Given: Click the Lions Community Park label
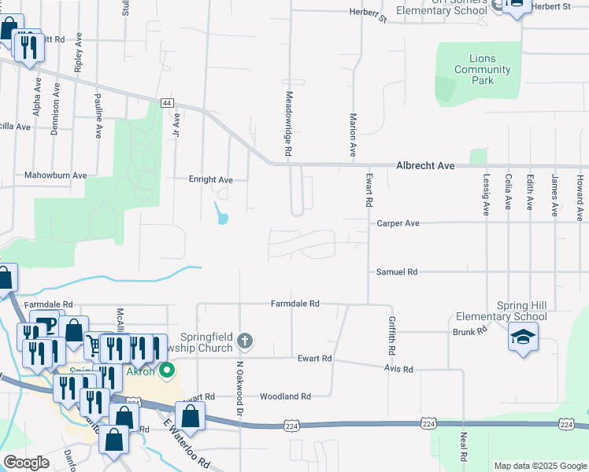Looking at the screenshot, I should pos(482,70).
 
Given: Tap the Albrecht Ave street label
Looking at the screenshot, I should pos(425,166).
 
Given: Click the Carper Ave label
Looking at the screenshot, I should pos(398,223).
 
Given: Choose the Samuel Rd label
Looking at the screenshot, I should pos(397,272).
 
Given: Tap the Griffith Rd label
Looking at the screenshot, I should pos(391,334).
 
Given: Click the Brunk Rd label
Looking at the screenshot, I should pos(470,332).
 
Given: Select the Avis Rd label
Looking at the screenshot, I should pos(398,368).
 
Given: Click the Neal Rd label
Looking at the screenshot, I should pos(465,446).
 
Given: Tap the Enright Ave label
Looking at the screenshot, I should pos(210,180).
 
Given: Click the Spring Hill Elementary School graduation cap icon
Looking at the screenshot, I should pos(522,337).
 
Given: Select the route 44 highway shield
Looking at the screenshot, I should pos(167,103).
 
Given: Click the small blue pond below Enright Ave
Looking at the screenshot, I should pos(221,212).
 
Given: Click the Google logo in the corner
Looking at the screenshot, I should pos(26,463).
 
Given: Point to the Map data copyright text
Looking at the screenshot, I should pos(539,466).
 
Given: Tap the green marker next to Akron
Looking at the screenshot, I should pos(166,370).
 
